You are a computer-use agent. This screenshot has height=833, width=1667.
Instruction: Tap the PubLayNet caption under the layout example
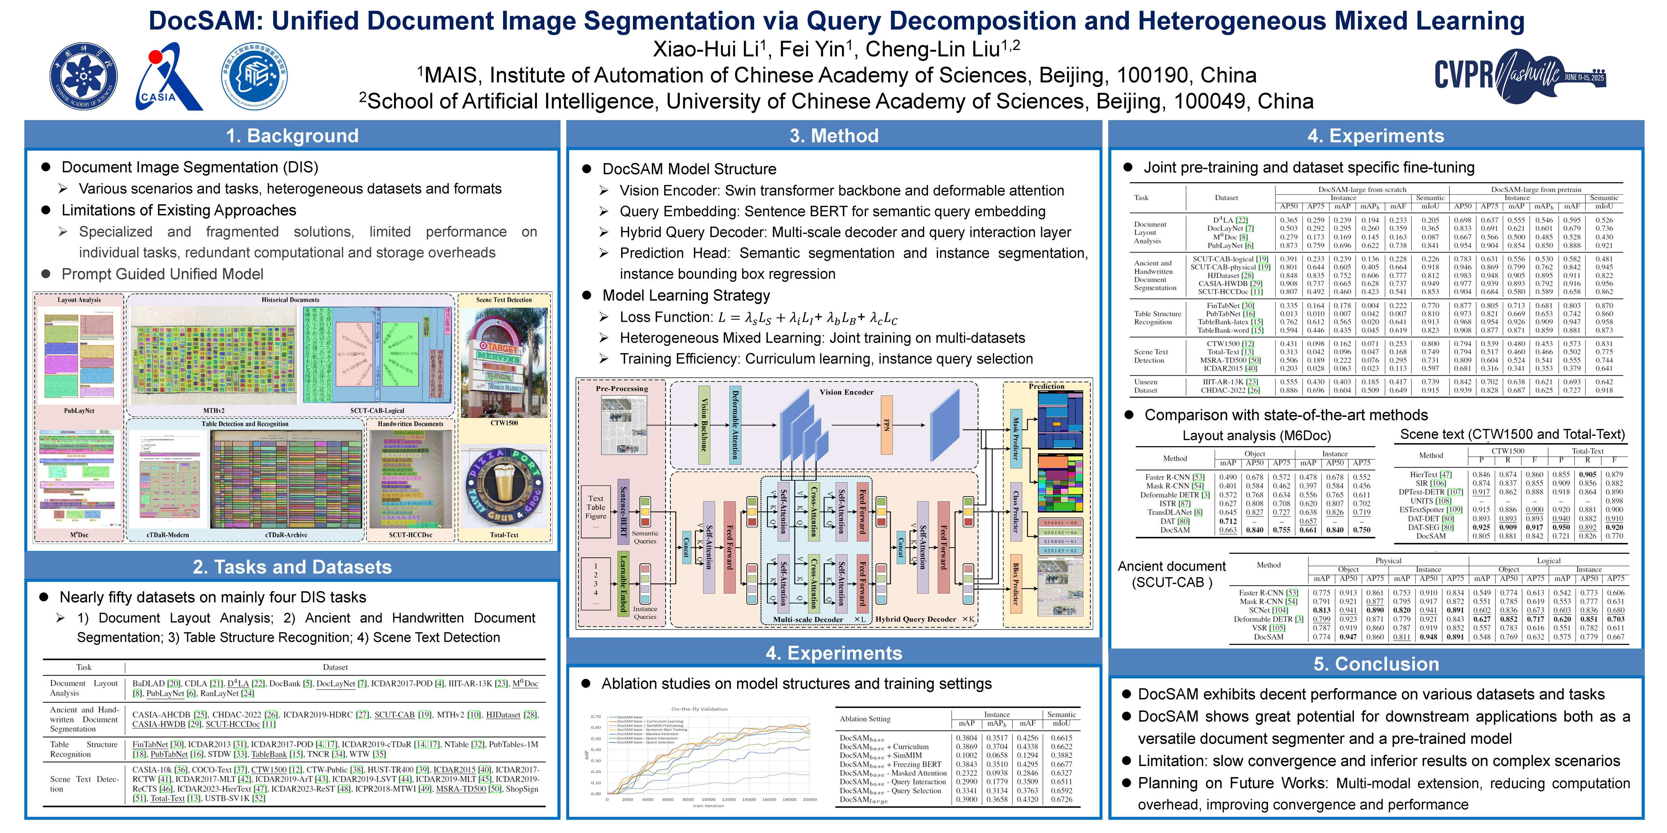pos(79,411)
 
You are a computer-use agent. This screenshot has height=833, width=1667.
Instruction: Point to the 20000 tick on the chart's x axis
pos(809,799)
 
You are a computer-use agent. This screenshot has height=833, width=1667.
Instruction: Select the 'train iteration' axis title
pos(708,806)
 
